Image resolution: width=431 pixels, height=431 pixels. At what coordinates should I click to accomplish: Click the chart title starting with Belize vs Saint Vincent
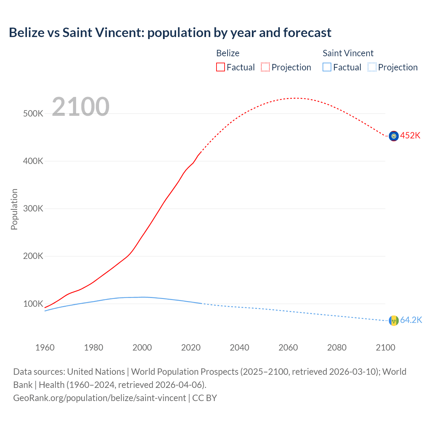click(170, 33)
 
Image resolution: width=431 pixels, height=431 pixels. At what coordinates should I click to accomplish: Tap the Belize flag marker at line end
click(394, 136)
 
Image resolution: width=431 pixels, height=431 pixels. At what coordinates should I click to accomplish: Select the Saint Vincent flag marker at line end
click(394, 321)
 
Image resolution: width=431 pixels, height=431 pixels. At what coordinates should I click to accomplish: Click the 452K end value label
click(410, 136)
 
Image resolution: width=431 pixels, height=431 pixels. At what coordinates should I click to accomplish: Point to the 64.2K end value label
click(411, 320)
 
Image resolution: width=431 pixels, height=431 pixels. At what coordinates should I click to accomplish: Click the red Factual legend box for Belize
click(221, 67)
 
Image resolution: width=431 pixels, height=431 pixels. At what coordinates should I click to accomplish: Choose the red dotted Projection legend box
click(265, 67)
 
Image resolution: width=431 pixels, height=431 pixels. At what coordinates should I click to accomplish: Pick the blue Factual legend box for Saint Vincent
click(327, 67)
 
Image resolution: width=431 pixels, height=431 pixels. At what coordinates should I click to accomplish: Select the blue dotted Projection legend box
click(372, 67)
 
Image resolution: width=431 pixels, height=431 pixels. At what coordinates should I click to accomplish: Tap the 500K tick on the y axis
click(33, 114)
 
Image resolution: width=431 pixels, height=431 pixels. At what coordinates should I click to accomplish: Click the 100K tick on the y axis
click(33, 304)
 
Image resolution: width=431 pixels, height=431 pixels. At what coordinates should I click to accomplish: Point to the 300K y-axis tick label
click(33, 209)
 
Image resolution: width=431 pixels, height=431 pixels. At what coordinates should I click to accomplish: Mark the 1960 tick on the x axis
click(45, 347)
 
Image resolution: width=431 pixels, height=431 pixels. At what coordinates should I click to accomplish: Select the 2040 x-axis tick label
click(239, 347)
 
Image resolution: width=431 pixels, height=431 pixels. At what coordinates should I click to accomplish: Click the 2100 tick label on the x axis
click(385, 347)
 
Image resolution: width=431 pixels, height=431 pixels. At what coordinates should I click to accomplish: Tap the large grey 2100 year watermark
click(80, 107)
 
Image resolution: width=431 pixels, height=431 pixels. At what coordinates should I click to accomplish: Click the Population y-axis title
click(14, 209)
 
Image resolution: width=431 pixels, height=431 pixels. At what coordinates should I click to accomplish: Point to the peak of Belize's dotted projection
click(296, 98)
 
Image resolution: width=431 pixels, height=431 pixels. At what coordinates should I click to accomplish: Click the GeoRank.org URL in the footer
click(99, 398)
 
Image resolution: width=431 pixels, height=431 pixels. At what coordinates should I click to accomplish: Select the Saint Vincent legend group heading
click(348, 53)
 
